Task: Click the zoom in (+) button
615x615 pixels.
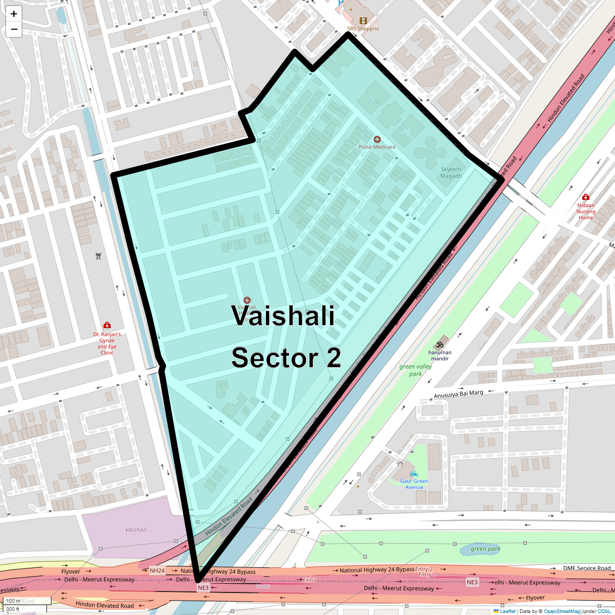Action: tap(14, 14)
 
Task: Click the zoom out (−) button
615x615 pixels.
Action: tap(14, 29)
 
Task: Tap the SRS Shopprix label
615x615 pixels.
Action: tap(363, 29)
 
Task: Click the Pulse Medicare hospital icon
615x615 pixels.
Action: tap(377, 139)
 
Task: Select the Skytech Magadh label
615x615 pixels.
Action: tap(451, 173)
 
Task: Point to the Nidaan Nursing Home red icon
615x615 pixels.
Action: tap(586, 197)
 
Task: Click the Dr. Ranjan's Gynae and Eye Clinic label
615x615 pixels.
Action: tap(107, 343)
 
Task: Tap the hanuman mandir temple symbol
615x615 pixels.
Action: tap(439, 344)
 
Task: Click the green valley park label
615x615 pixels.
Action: tap(416, 370)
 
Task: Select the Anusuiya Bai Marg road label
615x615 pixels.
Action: tap(458, 394)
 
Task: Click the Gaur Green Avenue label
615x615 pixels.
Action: tap(414, 484)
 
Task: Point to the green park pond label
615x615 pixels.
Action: tap(485, 549)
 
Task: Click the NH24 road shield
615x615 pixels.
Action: tap(157, 570)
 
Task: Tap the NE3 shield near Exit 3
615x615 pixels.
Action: tap(203, 588)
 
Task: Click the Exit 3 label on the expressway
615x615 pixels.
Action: tap(310, 580)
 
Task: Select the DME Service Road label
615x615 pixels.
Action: tap(587, 568)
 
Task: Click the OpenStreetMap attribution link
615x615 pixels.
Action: tap(562, 611)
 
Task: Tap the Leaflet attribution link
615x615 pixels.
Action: tap(507, 611)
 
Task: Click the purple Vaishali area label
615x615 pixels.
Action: tap(136, 530)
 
